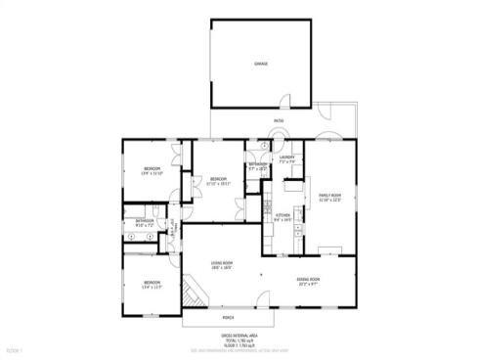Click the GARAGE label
point(261,64)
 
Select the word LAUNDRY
point(286,157)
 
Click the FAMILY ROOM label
point(329,195)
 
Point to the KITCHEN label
point(283,215)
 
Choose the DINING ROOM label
point(309,280)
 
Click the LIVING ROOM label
point(221,262)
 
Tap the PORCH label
point(228,318)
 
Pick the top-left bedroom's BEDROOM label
point(152,169)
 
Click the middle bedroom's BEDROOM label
point(219,178)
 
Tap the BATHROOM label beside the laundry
point(257,163)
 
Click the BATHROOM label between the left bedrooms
point(145,220)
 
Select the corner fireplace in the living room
point(261,275)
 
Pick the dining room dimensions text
point(309,285)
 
